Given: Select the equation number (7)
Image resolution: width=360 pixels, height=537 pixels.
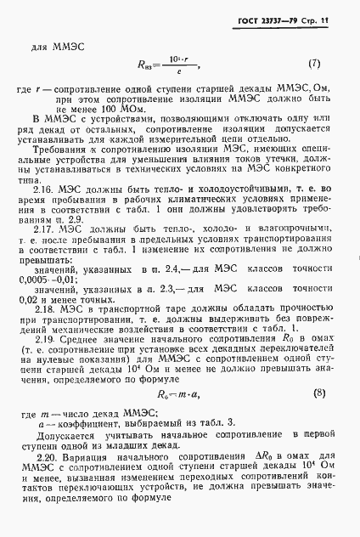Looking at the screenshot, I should pyautogui.click(x=313, y=61).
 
